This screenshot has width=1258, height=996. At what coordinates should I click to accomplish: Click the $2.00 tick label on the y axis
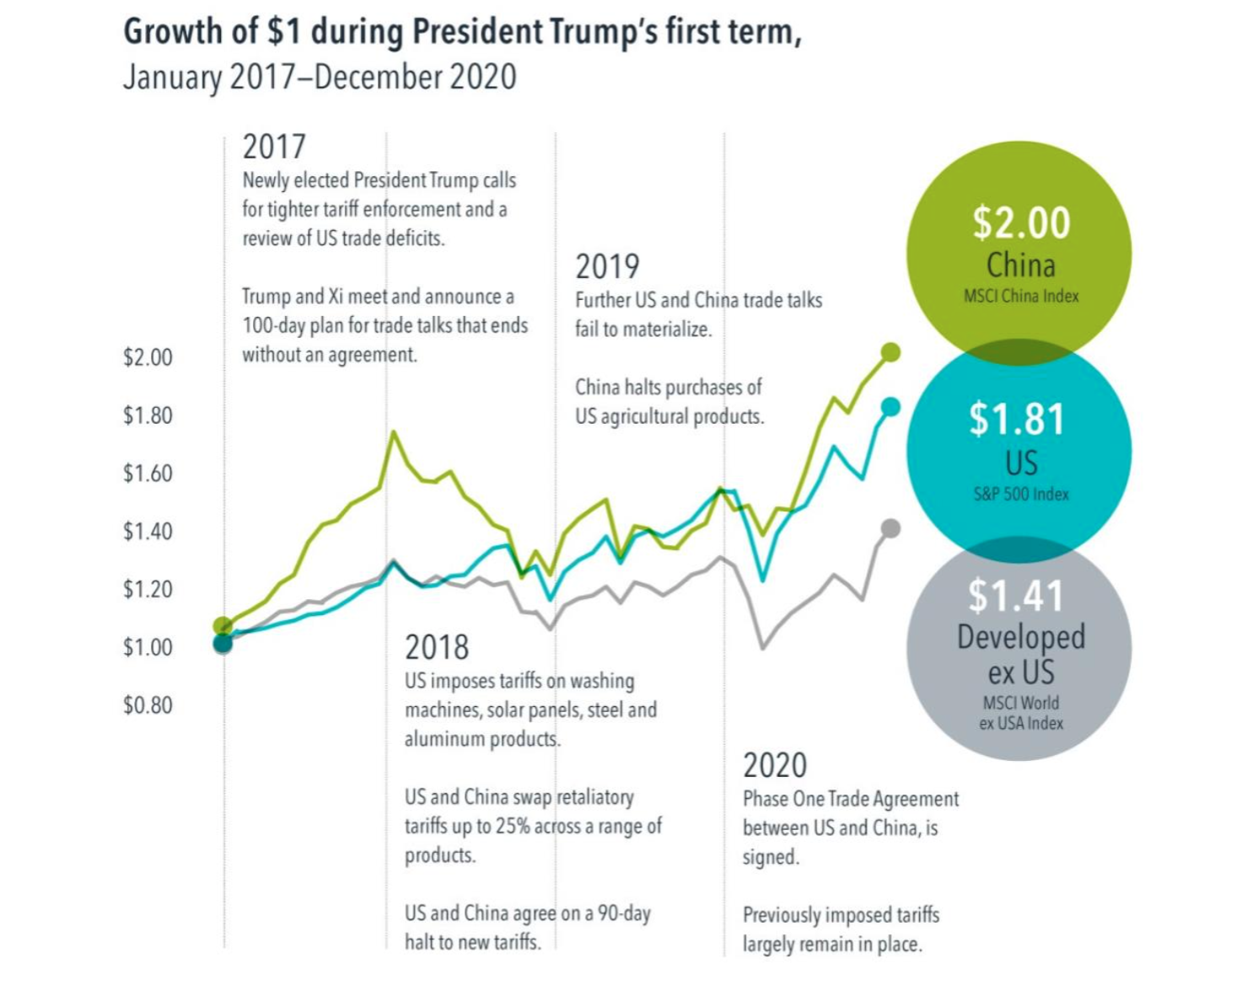point(148,357)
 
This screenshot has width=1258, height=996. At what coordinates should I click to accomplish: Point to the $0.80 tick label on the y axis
point(148,705)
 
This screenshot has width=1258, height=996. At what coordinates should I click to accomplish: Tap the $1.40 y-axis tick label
point(148,532)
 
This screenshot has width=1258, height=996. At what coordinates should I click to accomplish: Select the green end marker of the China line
point(890,352)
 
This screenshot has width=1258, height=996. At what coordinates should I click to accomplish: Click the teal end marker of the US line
point(890,407)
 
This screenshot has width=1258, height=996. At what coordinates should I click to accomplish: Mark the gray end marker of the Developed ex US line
point(890,528)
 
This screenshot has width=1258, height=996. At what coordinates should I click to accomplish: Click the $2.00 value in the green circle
point(1020,222)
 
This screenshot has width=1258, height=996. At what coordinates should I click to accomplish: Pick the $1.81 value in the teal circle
point(1017,419)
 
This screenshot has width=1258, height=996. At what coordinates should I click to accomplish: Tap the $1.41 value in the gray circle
point(1015,596)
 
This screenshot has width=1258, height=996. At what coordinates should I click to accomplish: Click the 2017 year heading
point(274,147)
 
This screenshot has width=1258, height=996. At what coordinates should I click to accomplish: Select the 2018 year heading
point(437,648)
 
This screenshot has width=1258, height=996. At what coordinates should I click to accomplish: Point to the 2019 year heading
point(607,267)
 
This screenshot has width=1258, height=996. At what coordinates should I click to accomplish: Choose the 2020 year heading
point(775,766)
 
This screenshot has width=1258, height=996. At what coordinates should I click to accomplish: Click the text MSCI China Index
point(1021,297)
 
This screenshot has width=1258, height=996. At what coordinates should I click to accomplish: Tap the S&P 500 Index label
point(1021,495)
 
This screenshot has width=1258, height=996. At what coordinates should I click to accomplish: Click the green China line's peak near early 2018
point(393,433)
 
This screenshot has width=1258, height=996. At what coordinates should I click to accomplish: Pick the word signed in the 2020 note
point(770,858)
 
